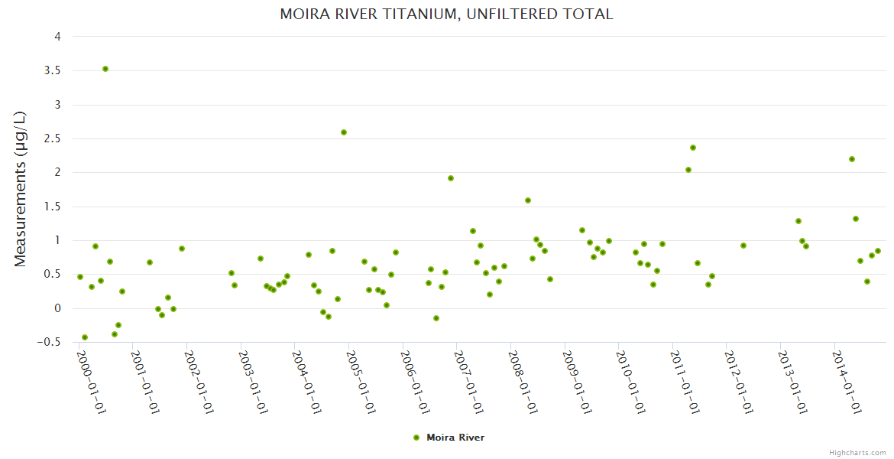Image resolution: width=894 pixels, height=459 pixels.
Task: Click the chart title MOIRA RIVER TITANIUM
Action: coord(446,14)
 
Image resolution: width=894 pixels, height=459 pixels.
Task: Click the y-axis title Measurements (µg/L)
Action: coord(21,189)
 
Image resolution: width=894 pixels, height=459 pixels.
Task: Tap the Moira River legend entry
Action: coord(449,438)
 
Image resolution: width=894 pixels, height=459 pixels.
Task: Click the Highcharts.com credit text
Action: coord(857,452)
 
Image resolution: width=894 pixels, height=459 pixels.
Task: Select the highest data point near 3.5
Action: coord(105,69)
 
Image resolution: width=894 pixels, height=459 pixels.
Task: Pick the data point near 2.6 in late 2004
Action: coord(344,132)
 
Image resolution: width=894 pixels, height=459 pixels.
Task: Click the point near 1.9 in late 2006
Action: coord(451,178)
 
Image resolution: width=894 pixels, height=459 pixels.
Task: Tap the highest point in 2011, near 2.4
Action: coord(693,148)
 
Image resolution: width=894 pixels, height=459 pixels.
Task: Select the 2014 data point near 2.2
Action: coord(852,159)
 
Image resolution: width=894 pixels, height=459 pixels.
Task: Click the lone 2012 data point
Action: coord(743,246)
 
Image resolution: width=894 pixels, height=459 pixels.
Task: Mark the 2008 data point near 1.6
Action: coord(528,200)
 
